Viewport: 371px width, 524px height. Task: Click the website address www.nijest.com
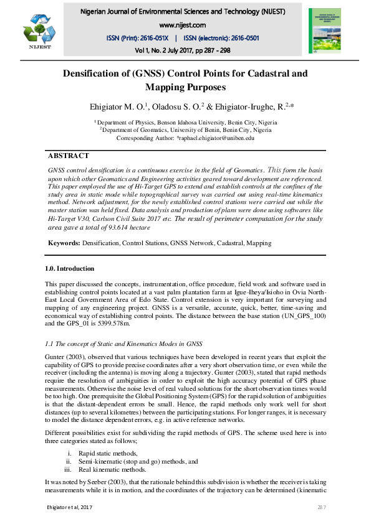[x=183, y=25]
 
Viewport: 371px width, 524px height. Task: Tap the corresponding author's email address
[x=216, y=138]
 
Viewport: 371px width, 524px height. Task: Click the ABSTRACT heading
[x=69, y=156]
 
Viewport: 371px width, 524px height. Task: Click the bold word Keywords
[x=64, y=244]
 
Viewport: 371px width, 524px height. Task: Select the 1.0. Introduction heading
[x=70, y=269]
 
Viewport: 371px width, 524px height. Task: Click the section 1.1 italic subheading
[x=123, y=344]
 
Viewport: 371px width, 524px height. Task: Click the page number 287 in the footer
[x=322, y=509]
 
